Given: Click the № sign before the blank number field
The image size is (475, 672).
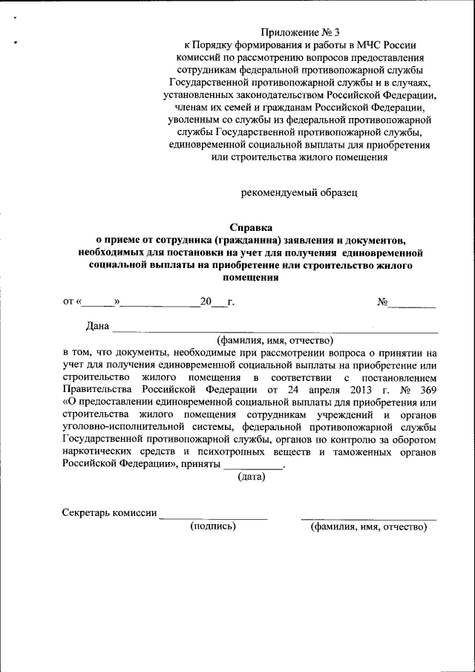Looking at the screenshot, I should click(383, 301).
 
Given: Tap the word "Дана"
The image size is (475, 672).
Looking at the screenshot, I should click(97, 326).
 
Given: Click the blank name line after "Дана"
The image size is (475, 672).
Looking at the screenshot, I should click(275, 328).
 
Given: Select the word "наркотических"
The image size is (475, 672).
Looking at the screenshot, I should click(97, 452).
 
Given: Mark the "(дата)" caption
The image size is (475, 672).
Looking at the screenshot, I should click(252, 477).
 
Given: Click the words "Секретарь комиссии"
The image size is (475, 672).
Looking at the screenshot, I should click(109, 513).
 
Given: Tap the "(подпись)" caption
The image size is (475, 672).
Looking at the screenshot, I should click(213, 526).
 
